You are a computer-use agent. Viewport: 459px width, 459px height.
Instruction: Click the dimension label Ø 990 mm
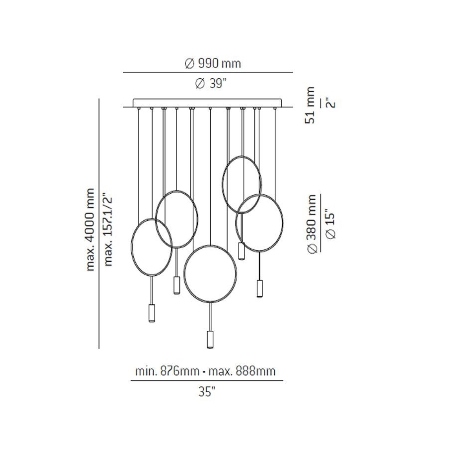tap(213, 64)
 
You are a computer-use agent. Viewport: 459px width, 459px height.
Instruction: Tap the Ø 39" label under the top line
tap(211, 83)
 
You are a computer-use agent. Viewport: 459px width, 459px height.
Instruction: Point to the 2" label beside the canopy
tap(331, 103)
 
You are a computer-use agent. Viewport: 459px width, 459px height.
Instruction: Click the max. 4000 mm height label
tap(90, 229)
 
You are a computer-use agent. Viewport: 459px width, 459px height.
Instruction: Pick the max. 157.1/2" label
tap(108, 229)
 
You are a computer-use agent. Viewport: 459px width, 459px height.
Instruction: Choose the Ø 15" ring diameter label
tap(331, 225)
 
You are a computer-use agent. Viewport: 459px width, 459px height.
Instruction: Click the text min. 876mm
tap(167, 371)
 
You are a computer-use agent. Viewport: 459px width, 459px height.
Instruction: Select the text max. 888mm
tap(242, 371)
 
